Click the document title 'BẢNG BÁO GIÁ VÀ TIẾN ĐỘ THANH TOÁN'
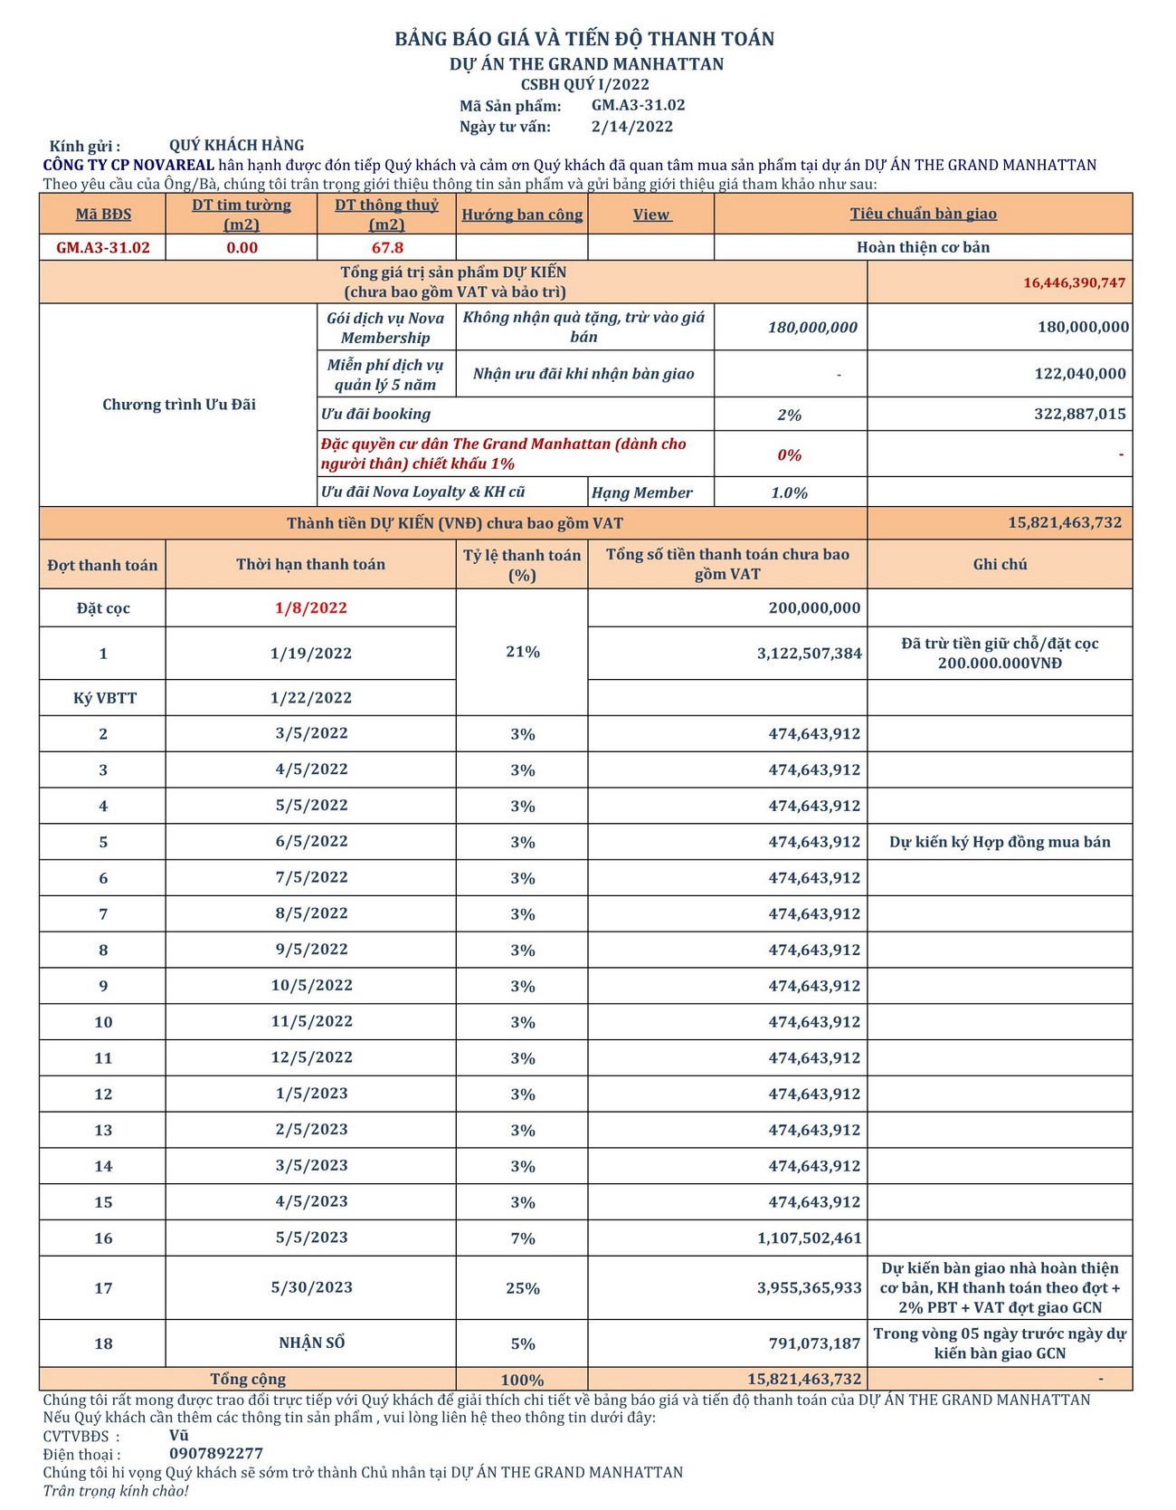coord(584,39)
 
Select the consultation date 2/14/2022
coord(632,127)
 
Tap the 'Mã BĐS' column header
coord(103,215)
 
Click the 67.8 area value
coord(386,247)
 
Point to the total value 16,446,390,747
coord(1074,282)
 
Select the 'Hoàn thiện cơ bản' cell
coord(923,247)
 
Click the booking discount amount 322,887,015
coord(1079,414)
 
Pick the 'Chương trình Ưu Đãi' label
coord(178,405)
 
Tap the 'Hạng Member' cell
coord(641,492)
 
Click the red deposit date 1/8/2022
coord(310,607)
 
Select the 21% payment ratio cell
coord(522,652)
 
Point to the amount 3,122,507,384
coord(809,654)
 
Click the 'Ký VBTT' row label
coord(103,698)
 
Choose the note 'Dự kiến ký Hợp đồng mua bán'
coord(1000,842)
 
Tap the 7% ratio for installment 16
coord(522,1238)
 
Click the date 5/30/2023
coord(310,1287)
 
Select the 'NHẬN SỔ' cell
coord(311,1343)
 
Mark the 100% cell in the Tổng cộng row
coord(522,1380)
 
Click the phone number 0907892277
coord(216,1454)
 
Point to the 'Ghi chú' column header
coord(1000,564)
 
